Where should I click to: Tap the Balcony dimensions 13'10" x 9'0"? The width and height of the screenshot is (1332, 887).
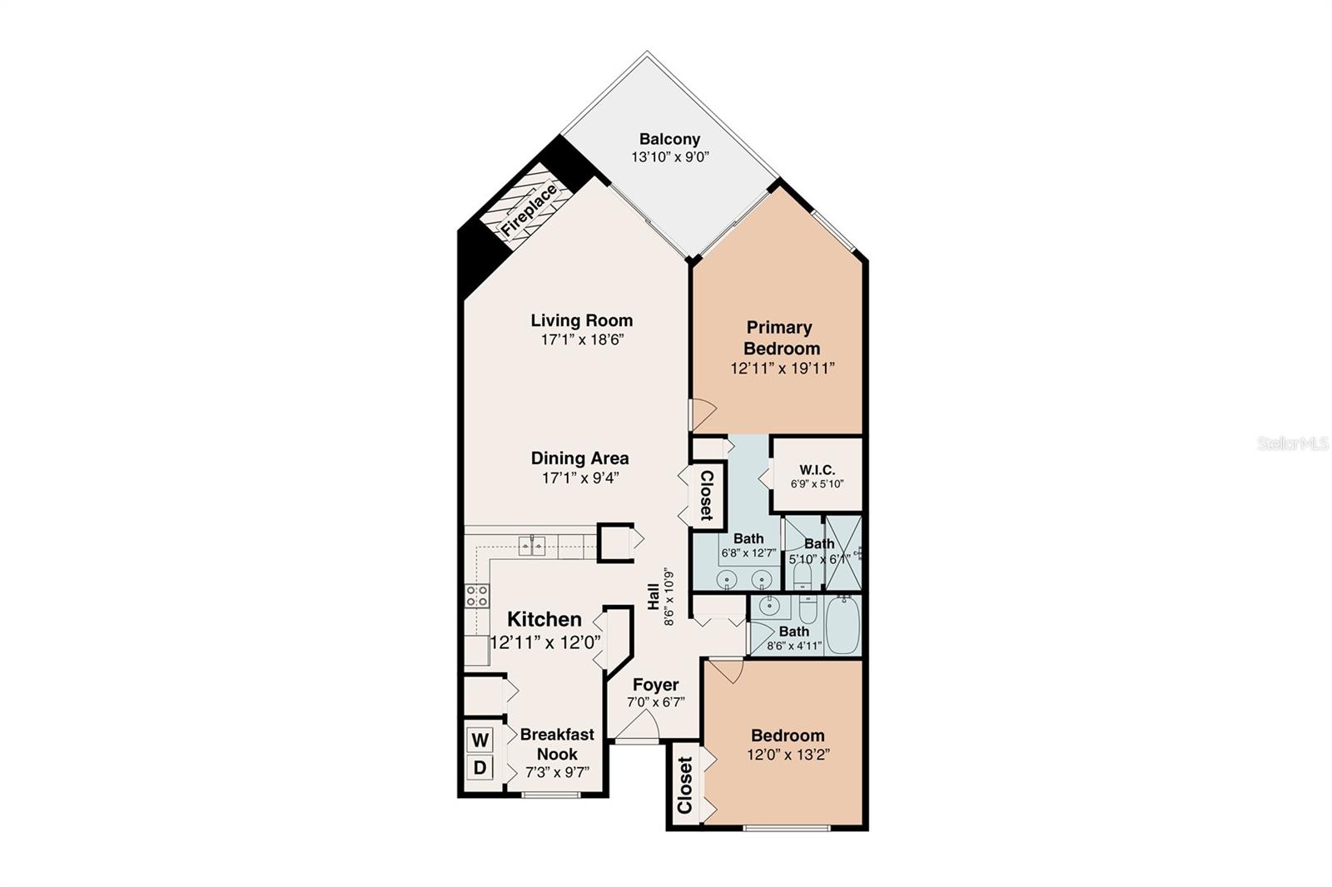tap(669, 156)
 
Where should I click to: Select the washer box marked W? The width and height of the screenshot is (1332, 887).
tap(480, 739)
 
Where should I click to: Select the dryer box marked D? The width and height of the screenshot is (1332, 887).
tap(480, 767)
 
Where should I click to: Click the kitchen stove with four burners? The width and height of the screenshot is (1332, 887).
tap(477, 595)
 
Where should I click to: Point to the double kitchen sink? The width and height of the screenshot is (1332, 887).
tap(532, 546)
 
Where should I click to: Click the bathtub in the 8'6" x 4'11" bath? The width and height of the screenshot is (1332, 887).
tap(842, 625)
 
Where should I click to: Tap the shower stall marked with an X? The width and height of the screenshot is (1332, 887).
tap(842, 553)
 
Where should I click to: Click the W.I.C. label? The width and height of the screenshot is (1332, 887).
tap(817, 470)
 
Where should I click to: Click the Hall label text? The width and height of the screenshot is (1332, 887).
tap(654, 596)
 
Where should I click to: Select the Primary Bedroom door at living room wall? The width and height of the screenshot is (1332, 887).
tap(702, 410)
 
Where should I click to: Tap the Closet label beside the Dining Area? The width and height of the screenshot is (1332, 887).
tap(706, 495)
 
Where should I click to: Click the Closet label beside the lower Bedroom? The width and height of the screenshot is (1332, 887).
tap(685, 785)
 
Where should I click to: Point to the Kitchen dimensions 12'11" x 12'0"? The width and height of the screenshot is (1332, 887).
tap(545, 642)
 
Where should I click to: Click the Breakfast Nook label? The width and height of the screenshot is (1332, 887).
tap(557, 744)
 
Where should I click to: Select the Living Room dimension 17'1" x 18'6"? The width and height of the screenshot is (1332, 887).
tap(582, 339)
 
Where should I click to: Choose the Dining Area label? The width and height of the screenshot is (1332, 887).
tap(580, 458)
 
